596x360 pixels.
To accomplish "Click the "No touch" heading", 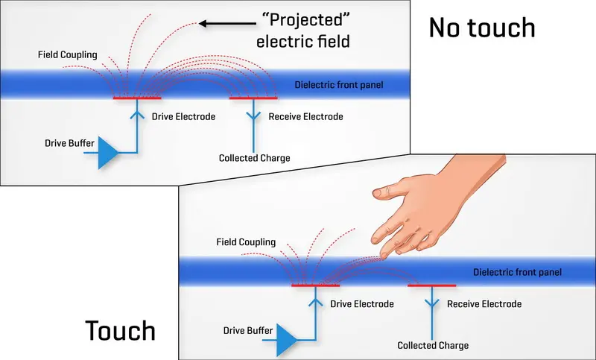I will (481, 28).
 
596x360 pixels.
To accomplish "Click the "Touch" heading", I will (120, 330).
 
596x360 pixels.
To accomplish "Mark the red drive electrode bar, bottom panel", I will (315, 285).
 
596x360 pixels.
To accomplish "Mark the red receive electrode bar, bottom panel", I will (432, 285).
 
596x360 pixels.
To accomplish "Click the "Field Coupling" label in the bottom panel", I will (245, 242).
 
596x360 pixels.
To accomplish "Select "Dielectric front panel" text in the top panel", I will (339, 85).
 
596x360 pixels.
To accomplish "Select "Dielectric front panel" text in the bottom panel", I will (517, 272).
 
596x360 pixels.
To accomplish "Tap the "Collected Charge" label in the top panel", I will (254, 158).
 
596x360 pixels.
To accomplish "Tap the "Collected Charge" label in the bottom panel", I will (433, 345).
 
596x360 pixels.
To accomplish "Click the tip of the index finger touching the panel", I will (383, 255).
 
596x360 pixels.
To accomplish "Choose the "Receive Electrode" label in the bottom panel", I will (484, 304).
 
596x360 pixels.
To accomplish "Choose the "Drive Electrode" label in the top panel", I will (183, 117).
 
